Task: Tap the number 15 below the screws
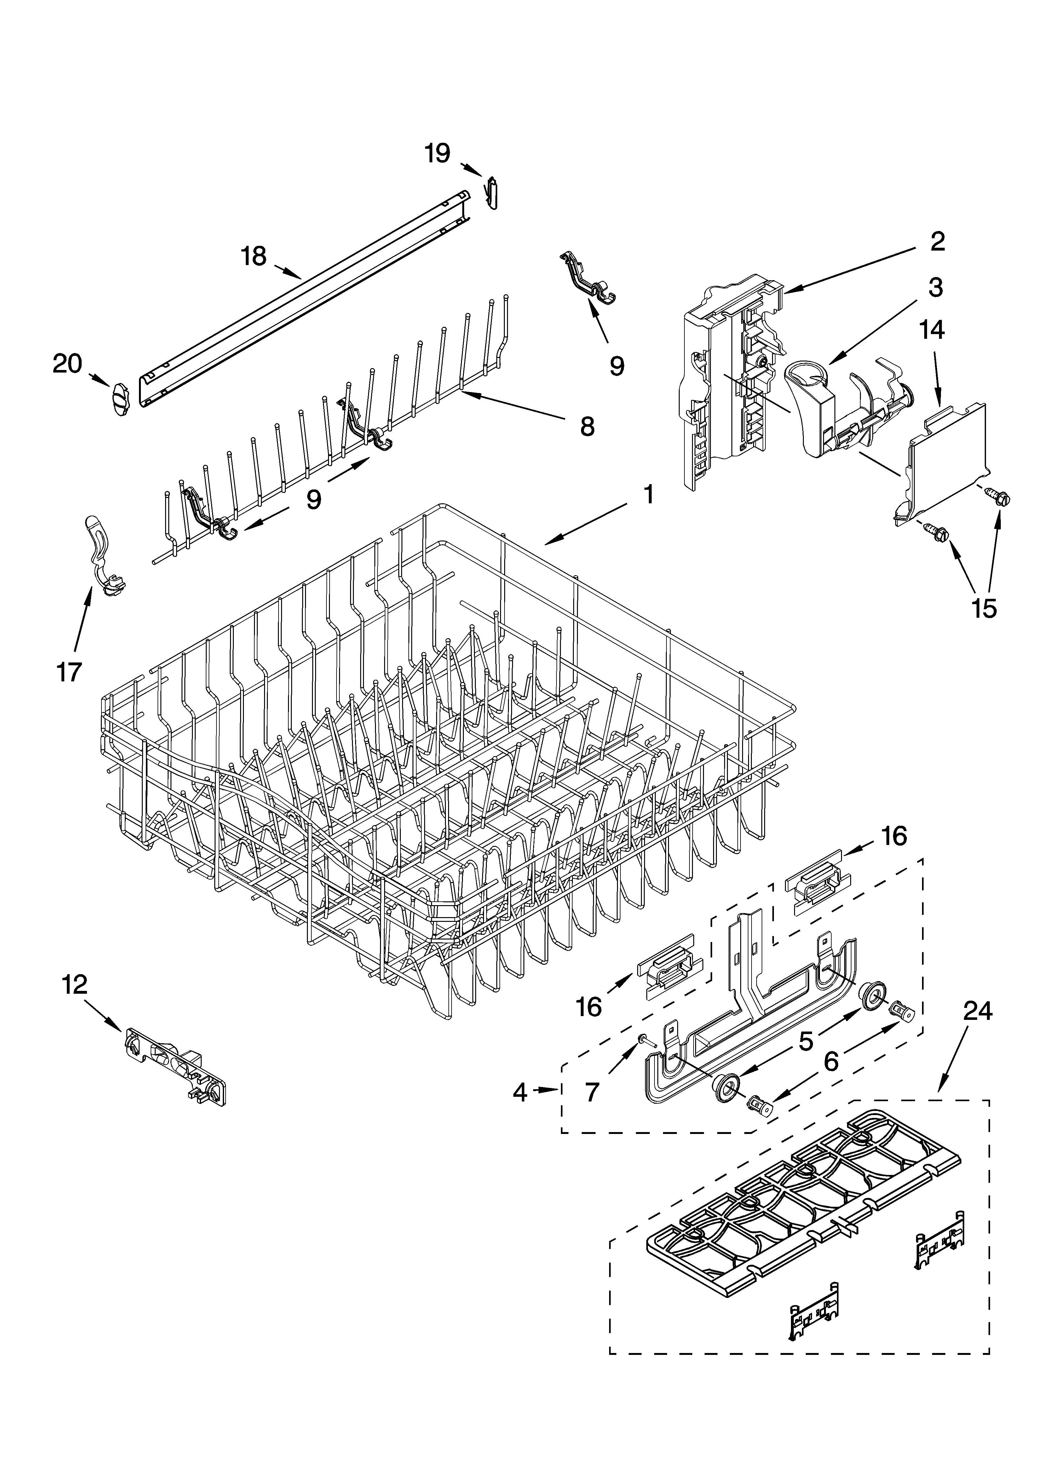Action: (984, 608)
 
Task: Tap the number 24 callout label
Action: (977, 1012)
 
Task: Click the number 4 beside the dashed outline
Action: (520, 1092)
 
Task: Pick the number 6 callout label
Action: (831, 1062)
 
